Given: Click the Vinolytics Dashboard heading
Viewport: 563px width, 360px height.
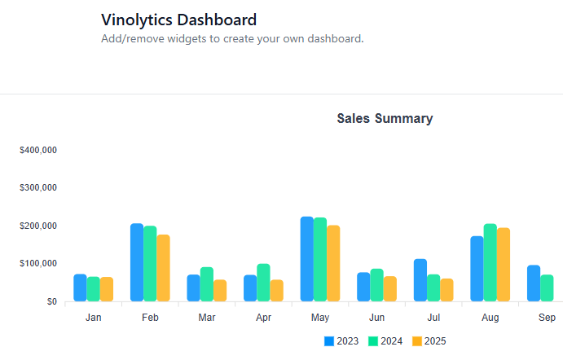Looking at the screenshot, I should (178, 20).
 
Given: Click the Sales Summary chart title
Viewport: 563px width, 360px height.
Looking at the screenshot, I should (385, 119).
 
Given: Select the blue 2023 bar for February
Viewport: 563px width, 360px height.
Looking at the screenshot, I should (137, 262).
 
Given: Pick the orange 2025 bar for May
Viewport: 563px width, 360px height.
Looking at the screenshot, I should (333, 263).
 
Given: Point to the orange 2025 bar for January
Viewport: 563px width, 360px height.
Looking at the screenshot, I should (107, 289).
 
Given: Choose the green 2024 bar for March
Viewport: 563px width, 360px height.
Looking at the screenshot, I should (207, 284).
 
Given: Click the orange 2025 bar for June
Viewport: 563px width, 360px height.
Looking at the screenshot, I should (390, 289).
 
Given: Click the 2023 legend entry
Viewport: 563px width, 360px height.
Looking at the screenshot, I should (342, 341).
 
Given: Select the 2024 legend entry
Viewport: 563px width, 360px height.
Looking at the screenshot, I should (386, 341).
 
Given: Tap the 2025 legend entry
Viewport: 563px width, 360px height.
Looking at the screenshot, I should (429, 341).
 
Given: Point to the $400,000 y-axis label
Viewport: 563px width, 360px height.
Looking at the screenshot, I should (37, 151).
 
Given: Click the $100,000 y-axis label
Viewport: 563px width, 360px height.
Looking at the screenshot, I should (37, 264).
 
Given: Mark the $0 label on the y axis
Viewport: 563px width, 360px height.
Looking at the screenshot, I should (51, 302).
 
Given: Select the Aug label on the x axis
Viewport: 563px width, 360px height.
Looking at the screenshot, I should (490, 318).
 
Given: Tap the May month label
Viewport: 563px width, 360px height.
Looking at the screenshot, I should (320, 318).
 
